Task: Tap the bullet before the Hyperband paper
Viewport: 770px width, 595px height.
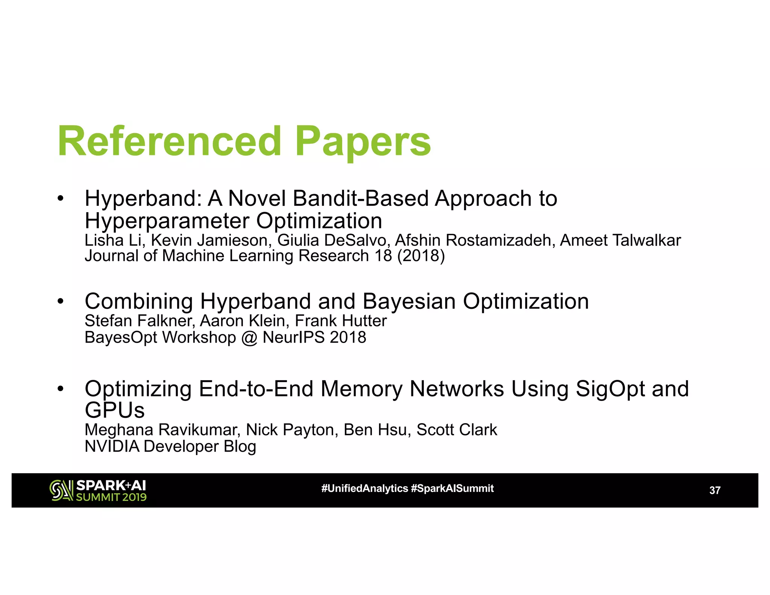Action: point(61,198)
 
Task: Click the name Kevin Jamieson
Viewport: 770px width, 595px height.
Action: point(209,241)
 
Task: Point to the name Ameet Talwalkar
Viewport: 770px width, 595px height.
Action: point(620,240)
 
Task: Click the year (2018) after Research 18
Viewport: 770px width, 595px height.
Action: point(421,256)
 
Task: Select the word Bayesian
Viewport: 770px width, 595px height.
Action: point(409,302)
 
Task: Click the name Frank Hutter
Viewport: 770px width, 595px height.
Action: point(341,321)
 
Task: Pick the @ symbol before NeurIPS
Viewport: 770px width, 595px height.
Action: point(249,338)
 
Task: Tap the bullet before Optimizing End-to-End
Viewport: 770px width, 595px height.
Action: point(61,389)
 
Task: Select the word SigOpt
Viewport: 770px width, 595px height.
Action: point(610,389)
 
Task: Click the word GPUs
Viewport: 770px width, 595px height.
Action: point(115,410)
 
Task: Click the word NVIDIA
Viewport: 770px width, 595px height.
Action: point(112,447)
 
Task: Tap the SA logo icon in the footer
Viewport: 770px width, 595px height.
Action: point(61,490)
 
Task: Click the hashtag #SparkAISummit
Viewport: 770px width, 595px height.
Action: point(452,489)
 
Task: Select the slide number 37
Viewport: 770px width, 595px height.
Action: point(714,490)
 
